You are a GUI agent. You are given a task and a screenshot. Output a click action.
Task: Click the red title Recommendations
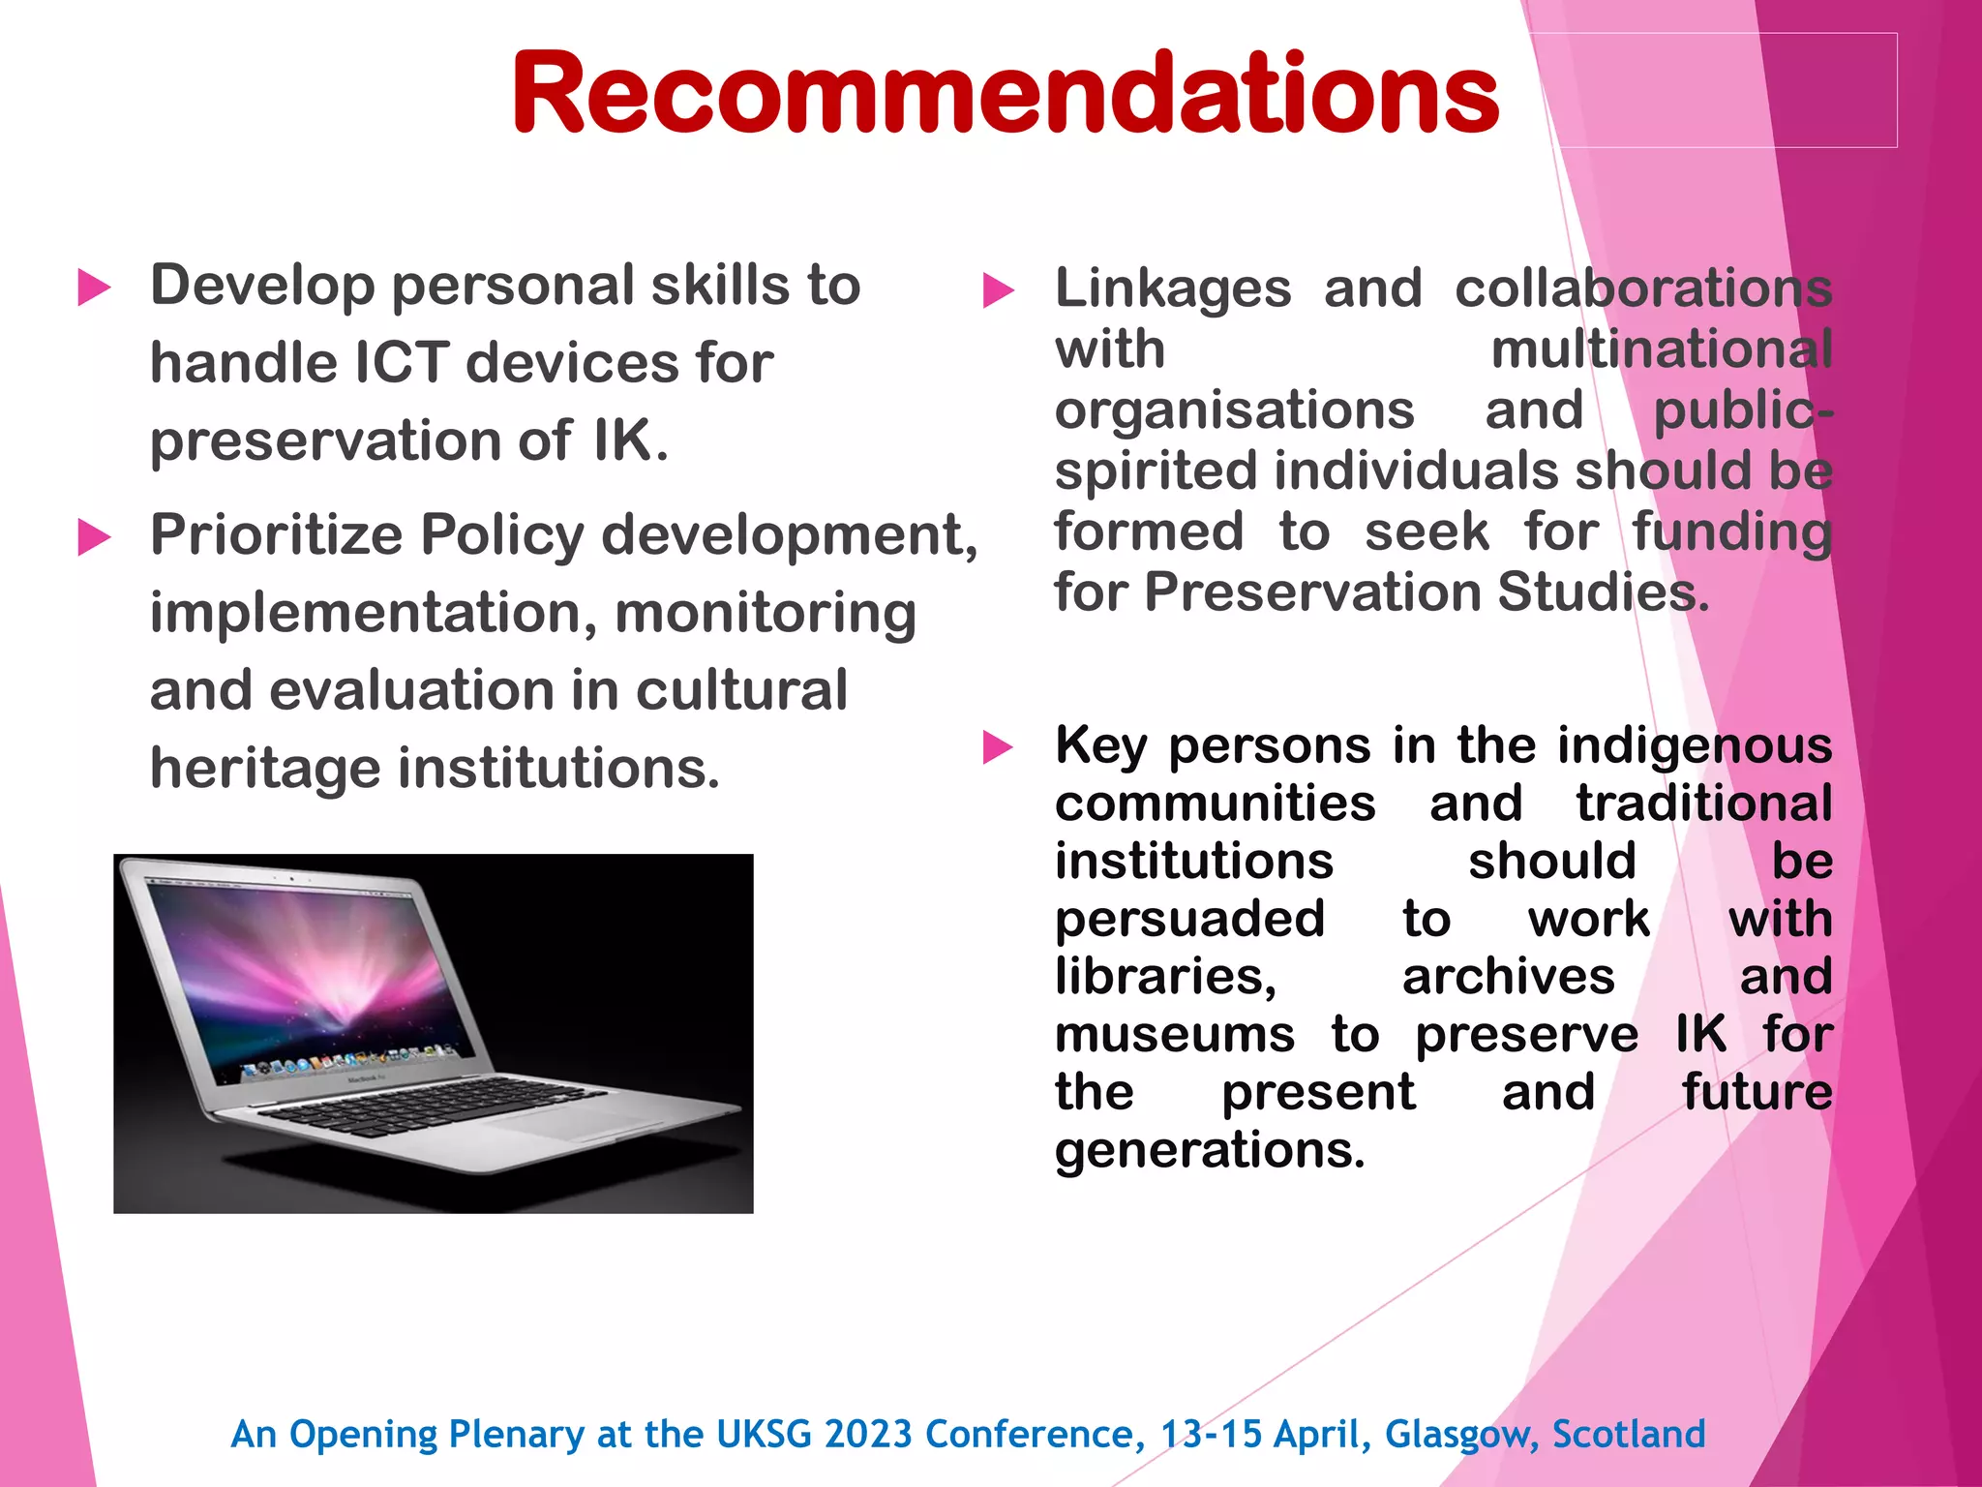coord(1005,94)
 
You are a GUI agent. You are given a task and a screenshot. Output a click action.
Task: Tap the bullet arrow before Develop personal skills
coord(94,288)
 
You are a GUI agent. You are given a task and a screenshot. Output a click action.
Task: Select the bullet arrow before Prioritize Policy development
coord(94,537)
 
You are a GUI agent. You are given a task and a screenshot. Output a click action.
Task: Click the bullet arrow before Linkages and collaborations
coord(998,290)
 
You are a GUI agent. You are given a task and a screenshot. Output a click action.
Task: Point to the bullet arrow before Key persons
coord(998,747)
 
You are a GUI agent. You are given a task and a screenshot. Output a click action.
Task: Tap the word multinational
coord(1661,349)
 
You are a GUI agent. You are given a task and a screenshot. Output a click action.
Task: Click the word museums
coord(1174,1034)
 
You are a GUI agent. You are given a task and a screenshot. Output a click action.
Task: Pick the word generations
coord(1209,1150)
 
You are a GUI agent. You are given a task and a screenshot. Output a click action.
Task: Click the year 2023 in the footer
coord(867,1434)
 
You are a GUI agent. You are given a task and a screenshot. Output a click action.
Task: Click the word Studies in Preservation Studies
coord(1603,592)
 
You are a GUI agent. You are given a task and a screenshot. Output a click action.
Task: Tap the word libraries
coord(1165,976)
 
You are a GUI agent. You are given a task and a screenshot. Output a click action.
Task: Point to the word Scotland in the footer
coord(1629,1434)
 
